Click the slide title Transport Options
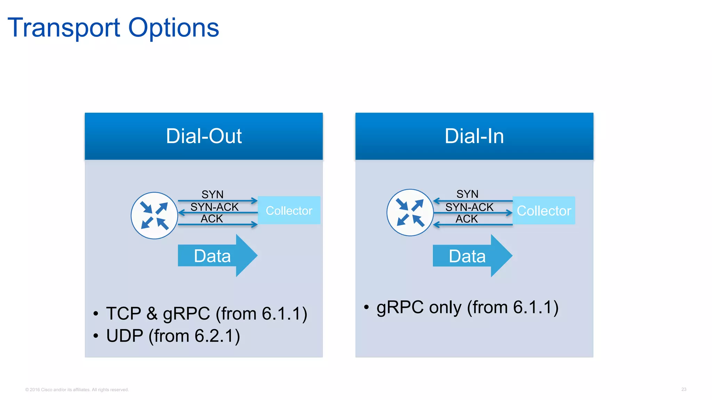click(x=113, y=28)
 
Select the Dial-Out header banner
click(x=204, y=136)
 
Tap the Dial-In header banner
click(x=474, y=136)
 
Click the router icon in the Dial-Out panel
click(x=154, y=216)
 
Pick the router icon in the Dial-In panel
click(x=410, y=212)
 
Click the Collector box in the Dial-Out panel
click(x=289, y=210)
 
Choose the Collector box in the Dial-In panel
click(x=544, y=210)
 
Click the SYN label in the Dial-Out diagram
click(x=212, y=194)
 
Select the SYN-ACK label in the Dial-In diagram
click(x=469, y=207)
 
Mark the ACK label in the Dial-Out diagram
click(x=212, y=218)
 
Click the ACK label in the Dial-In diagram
click(x=467, y=219)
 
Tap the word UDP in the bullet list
click(x=124, y=336)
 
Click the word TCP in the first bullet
click(x=123, y=314)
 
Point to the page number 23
click(x=683, y=389)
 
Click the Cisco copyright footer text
click(x=77, y=390)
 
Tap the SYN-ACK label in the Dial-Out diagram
click(x=214, y=207)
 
